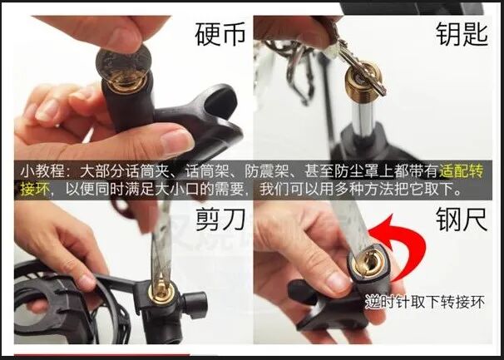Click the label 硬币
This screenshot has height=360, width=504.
(x=220, y=34)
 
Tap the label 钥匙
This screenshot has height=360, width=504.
(x=462, y=34)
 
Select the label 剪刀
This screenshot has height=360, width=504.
(x=220, y=219)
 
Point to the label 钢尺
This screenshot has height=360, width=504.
(x=462, y=219)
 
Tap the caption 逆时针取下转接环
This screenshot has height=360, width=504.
(x=425, y=302)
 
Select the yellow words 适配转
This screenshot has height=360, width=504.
(x=462, y=170)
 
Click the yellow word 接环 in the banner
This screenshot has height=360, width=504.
(x=35, y=189)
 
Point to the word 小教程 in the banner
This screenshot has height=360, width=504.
(x=42, y=171)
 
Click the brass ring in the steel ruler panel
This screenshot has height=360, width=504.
(x=368, y=262)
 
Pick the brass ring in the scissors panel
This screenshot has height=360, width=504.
(x=161, y=291)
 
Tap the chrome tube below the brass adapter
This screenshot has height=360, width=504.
(x=363, y=116)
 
